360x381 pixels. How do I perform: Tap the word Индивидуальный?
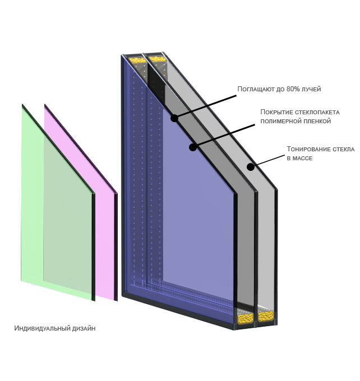coord(43,328)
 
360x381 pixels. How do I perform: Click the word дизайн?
coord(84,328)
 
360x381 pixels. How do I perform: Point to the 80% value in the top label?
coord(293,89)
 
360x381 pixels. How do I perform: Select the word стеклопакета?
coord(317,112)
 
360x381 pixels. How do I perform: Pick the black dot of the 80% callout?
coord(174,118)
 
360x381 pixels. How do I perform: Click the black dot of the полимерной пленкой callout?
coord(193,147)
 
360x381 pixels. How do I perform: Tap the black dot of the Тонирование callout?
coord(251,167)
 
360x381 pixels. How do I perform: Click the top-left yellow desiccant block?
coord(137,60)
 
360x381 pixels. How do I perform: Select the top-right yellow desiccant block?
coord(158,59)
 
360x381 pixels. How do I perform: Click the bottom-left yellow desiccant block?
coord(245,319)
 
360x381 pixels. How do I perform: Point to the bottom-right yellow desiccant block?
coord(266,317)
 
